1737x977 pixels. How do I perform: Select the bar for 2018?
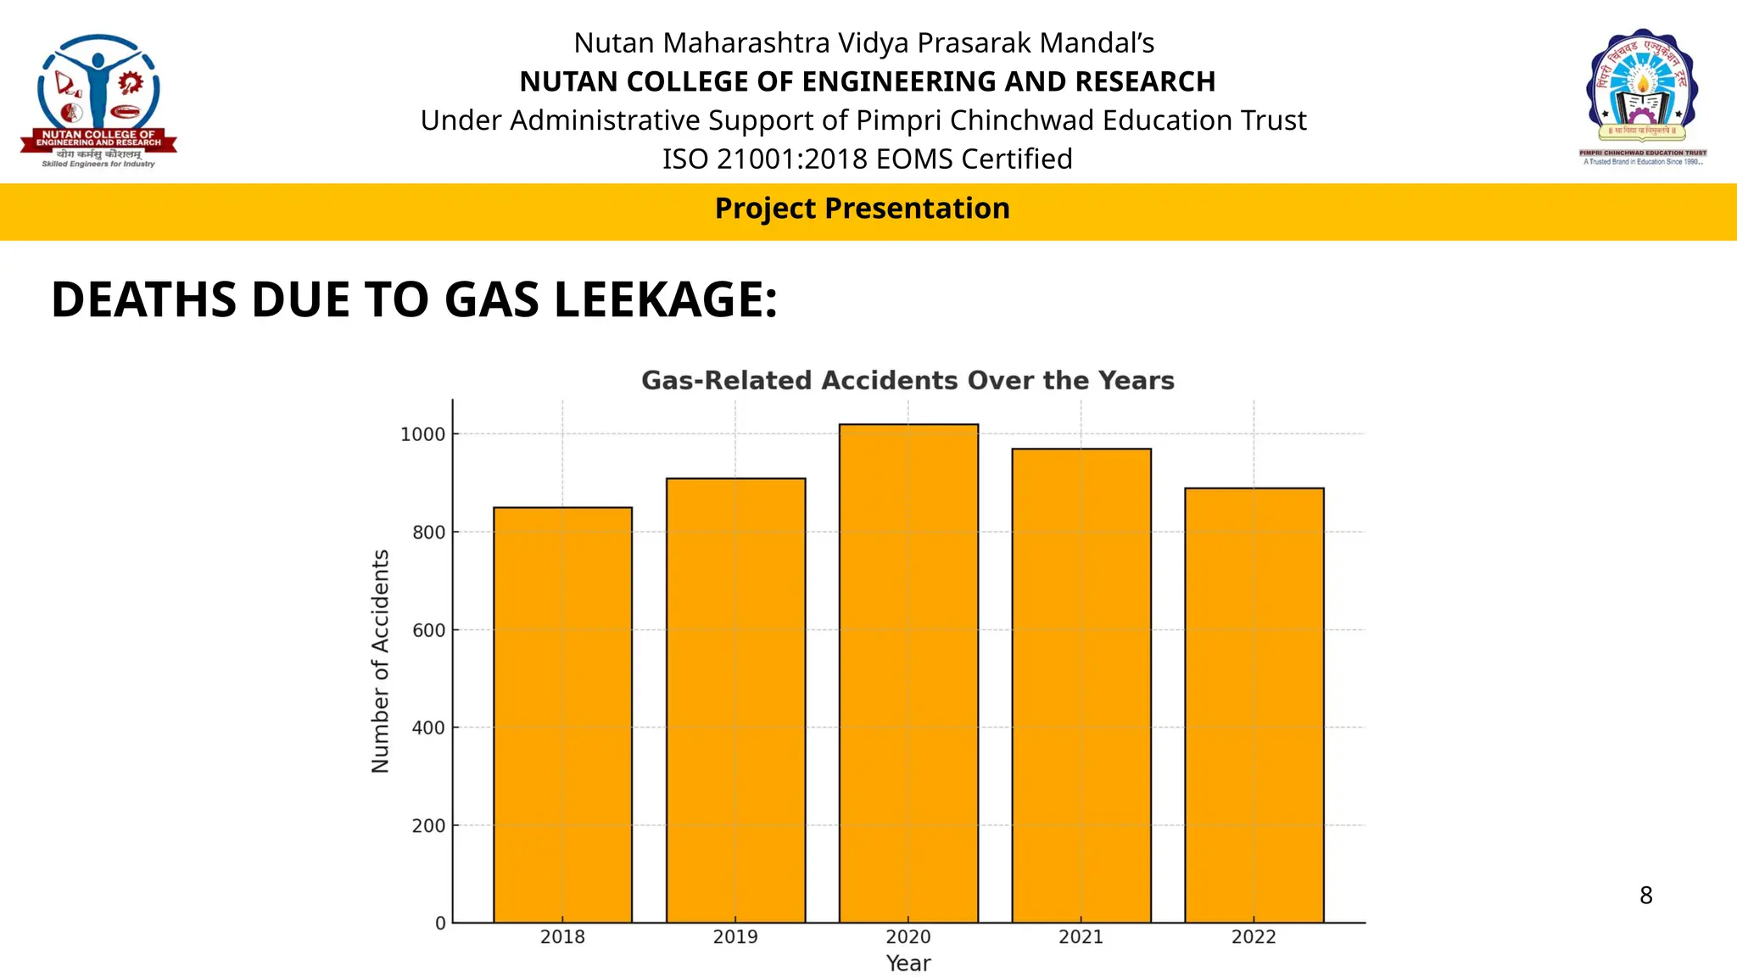562,714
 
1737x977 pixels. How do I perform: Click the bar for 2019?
735,700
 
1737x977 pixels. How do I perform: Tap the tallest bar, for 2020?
908,673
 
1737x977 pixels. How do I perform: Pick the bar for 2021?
1081,685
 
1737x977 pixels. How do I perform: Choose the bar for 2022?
1254,705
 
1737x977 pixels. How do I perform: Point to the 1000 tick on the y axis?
422,434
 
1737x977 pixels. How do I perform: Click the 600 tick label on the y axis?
428,630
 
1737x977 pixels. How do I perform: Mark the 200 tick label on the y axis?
428,825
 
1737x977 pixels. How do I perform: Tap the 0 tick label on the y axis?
440,923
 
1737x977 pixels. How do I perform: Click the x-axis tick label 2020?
908,937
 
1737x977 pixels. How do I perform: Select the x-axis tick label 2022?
1254,937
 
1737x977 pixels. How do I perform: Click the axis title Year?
908,963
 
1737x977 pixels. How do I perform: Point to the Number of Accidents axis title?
381,661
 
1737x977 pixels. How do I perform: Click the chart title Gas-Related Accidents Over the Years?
908,380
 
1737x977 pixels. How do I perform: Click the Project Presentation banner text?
862,209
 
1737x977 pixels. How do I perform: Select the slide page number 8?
1645,896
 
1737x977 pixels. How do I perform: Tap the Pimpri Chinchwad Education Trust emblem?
1642,95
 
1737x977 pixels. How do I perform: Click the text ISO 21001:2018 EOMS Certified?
867,159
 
